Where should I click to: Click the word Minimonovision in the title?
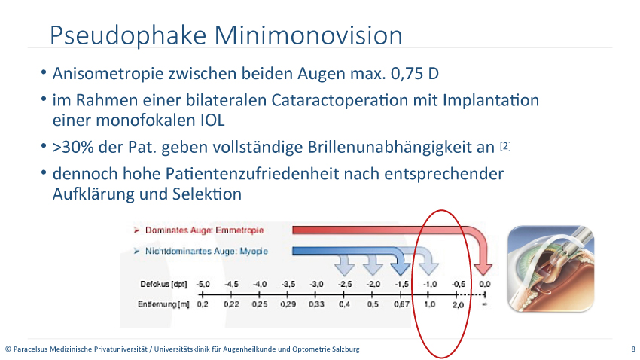308,35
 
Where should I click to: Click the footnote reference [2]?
505,146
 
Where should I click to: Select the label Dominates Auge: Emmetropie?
205,230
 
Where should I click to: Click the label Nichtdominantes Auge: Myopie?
206,251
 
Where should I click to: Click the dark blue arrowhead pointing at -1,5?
401,268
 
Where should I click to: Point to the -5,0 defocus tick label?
203,284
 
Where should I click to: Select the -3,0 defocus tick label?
316,284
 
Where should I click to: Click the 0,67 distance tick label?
401,304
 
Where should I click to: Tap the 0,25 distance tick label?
260,304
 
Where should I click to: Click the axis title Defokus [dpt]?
163,284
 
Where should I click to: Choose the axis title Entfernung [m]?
163,304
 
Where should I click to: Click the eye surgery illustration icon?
550,269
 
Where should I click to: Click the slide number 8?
633,349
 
